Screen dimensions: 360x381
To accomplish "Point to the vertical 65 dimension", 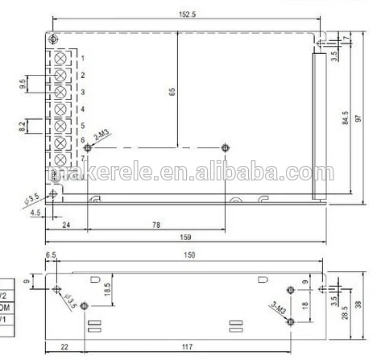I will click(x=172, y=91).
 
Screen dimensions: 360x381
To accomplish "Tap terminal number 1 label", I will click(x=83, y=59).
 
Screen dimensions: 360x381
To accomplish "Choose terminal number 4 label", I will click(x=83, y=109).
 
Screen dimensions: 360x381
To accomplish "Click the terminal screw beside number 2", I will click(x=60, y=75).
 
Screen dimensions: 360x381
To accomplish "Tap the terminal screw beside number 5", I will click(x=60, y=125).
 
